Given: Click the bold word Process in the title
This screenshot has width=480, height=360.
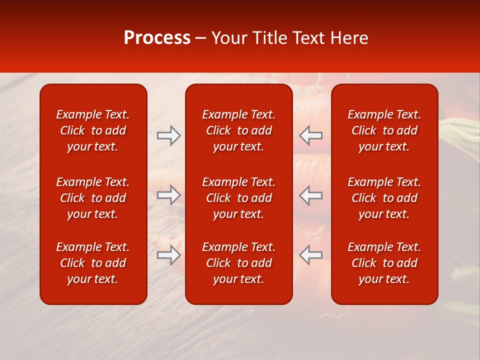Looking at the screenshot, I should tap(157, 38).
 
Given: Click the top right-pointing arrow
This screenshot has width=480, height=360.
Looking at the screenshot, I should tap(168, 135).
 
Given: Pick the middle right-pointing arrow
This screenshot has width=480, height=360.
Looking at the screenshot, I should tap(168, 195).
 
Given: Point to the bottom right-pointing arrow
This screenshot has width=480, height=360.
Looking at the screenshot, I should tap(168, 255).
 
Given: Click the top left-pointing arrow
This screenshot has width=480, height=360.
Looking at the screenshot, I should tap(310, 135).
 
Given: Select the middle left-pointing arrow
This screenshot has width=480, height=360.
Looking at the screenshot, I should tap(310, 195).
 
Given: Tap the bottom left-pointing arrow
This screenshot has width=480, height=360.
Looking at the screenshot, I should tap(310, 255).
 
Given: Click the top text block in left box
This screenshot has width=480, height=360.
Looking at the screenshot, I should tap(93, 130).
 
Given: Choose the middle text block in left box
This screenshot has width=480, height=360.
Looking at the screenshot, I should tap(93, 198).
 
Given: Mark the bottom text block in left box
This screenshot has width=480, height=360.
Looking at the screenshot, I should tap(93, 263).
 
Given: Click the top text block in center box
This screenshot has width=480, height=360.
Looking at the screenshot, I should tap(238, 130).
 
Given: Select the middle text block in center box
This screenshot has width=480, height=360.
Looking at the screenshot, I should tap(238, 198).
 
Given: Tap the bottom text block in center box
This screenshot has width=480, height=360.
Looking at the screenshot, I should tap(238, 263).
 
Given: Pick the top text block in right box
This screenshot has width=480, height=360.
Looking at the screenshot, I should tap(384, 130).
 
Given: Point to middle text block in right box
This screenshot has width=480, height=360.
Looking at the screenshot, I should tap(384, 198).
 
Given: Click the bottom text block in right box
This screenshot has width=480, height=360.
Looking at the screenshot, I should tap(384, 263).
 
